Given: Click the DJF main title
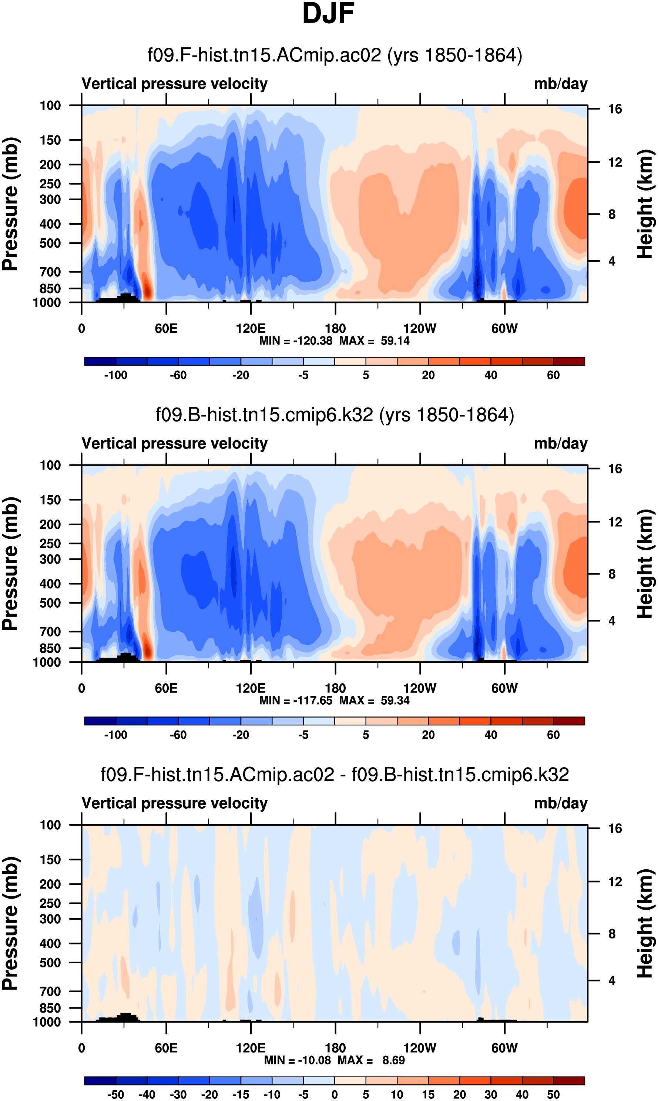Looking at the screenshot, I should coord(328,13).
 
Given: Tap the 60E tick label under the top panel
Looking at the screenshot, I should coord(166,329).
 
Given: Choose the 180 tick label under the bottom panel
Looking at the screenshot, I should coord(335,1048).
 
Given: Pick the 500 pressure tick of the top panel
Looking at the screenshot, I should coord(50,244).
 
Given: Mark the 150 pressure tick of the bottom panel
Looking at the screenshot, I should coord(50,860).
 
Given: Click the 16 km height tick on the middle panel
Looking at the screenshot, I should coord(615,469).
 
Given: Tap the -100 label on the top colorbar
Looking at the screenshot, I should coord(116,375).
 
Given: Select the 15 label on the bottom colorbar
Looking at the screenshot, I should coord(428,1094).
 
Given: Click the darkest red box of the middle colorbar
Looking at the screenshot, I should coord(569,721).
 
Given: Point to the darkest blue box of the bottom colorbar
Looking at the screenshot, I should coord(100,1080).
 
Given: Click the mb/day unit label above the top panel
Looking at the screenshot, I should coord(560,84).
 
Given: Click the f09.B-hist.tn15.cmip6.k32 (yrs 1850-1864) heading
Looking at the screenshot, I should coord(335,415).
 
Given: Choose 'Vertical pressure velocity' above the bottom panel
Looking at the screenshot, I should coord(175,803).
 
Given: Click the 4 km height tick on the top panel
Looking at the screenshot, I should coord(612,261).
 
